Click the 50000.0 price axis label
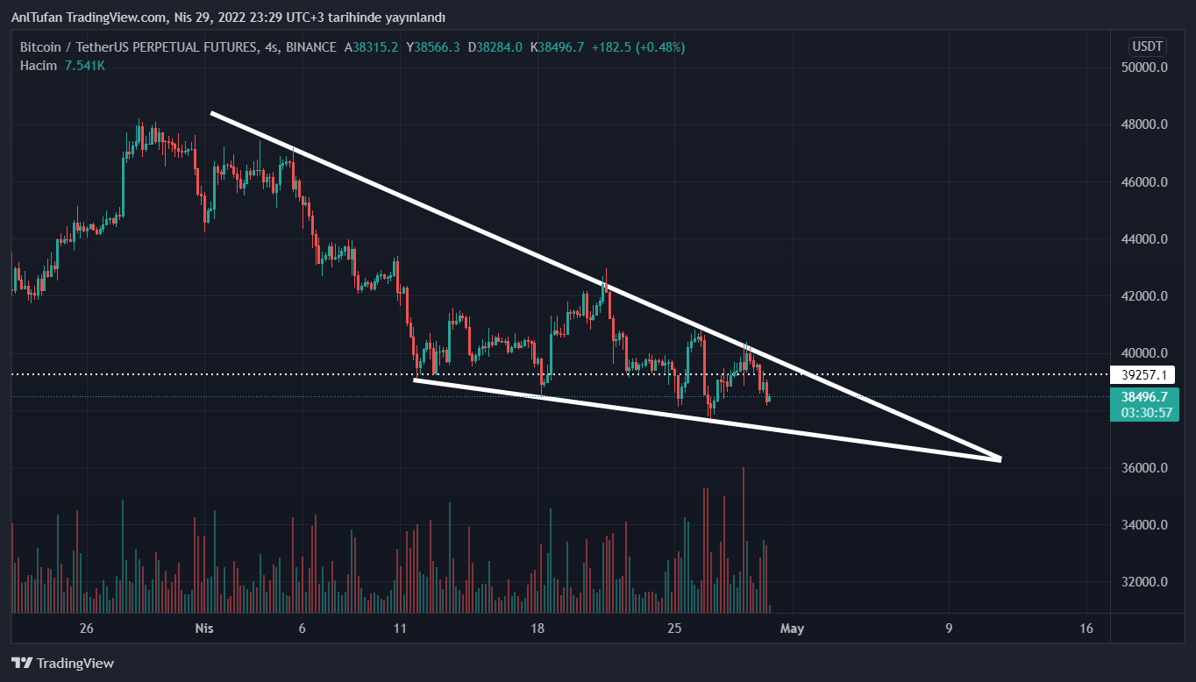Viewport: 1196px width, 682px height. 1145,67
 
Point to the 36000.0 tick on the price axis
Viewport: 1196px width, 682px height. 1145,468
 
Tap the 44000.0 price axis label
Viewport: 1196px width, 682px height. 1145,239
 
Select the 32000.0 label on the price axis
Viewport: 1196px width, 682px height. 1145,582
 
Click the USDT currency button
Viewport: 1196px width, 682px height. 1147,46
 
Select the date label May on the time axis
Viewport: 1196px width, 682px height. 792,629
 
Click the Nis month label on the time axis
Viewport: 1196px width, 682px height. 203,629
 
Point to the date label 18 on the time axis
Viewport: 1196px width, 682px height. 537,629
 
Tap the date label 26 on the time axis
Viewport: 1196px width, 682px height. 86,629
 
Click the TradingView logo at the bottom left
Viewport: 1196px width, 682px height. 62,664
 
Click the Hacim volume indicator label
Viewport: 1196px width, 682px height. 39,65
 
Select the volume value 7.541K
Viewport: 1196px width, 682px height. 84,65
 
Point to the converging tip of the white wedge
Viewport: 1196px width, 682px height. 999,458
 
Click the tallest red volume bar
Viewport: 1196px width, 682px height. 744,539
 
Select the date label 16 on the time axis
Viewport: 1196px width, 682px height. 1087,629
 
